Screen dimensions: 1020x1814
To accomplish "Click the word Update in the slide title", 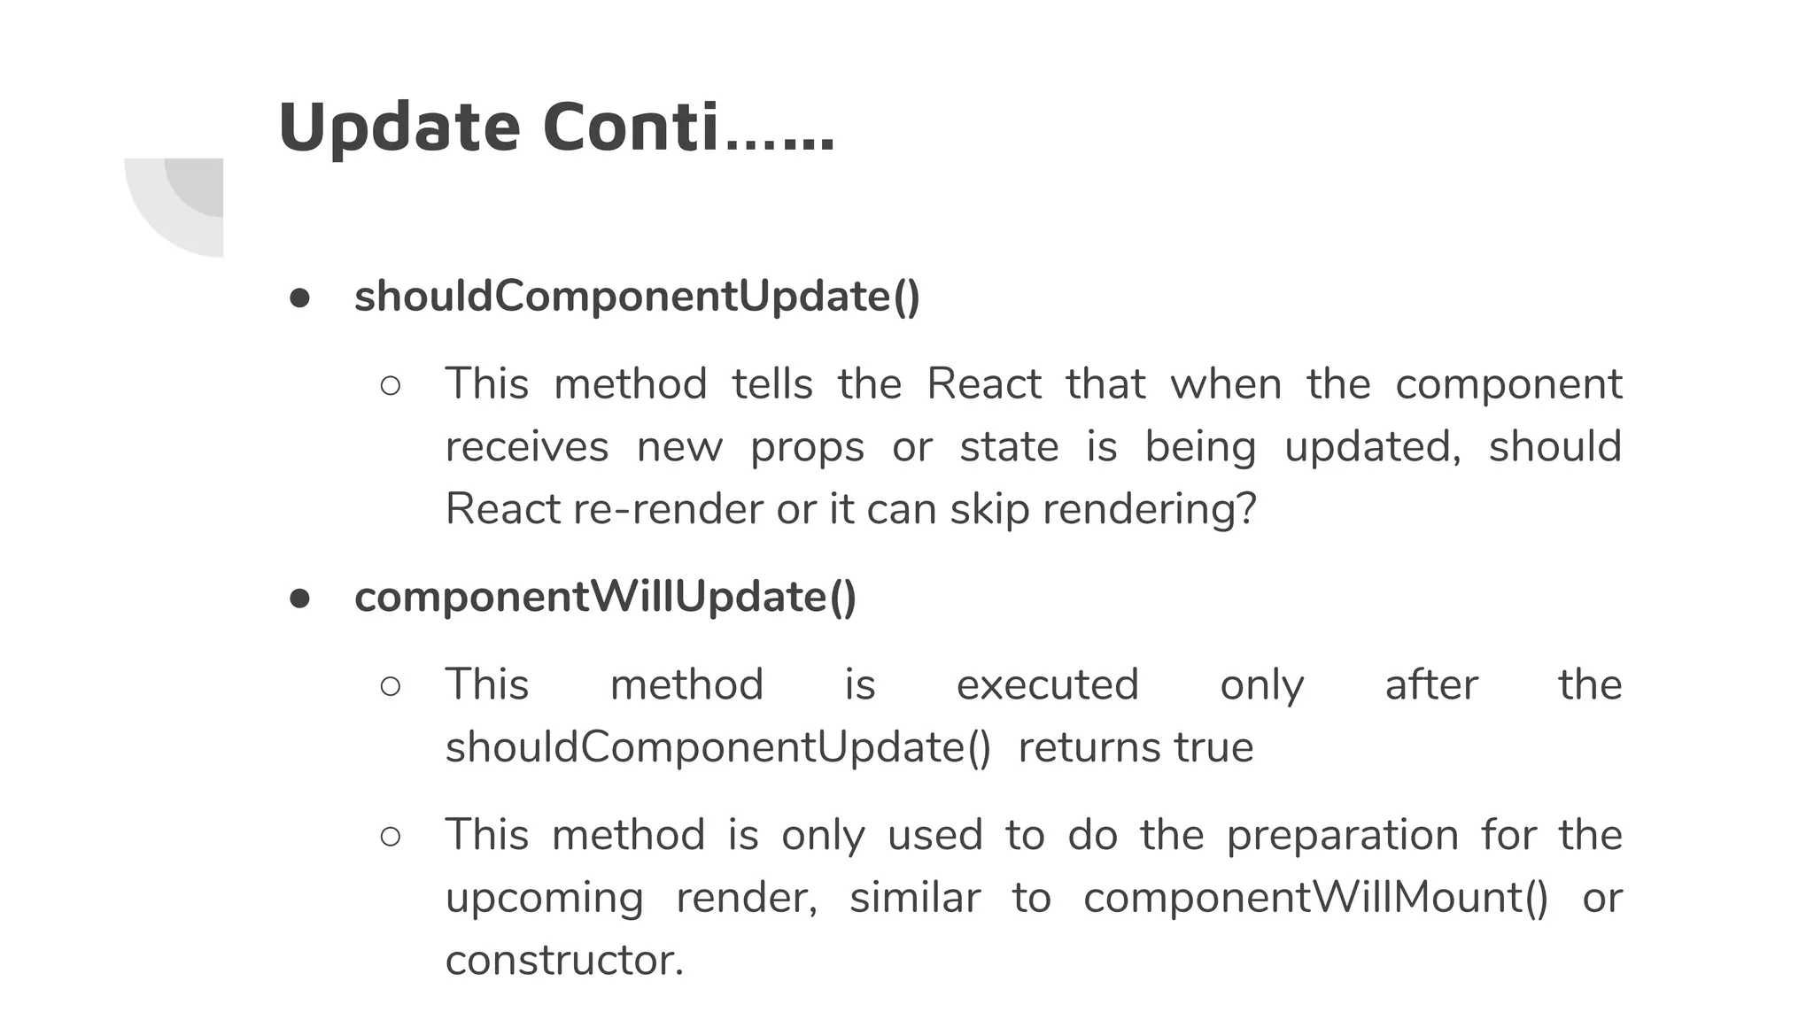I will [399, 127].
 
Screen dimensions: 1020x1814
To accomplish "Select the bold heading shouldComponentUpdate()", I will [637, 296].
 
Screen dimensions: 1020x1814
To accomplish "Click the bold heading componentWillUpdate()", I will [605, 597].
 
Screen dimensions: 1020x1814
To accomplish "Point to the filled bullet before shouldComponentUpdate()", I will [299, 297].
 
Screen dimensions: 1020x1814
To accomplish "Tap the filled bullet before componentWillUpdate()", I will [299, 599].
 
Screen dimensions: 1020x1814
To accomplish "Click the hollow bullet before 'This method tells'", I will [390, 386].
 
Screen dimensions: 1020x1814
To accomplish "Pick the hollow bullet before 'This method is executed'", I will [390, 686].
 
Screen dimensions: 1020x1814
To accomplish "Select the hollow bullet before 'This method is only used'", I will [390, 837].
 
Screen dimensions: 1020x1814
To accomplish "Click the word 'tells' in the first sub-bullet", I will [771, 384].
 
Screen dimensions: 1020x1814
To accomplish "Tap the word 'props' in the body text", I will [807, 446].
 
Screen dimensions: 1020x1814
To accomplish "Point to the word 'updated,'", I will [1372, 446].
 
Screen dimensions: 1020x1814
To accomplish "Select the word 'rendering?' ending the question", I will [1149, 509].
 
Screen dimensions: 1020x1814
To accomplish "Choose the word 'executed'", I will [1047, 684].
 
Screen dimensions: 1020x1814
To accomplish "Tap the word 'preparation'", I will [1342, 835].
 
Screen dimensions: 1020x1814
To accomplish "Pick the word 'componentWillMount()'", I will [1315, 898].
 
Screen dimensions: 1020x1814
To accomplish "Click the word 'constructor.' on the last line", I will [564, 960].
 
